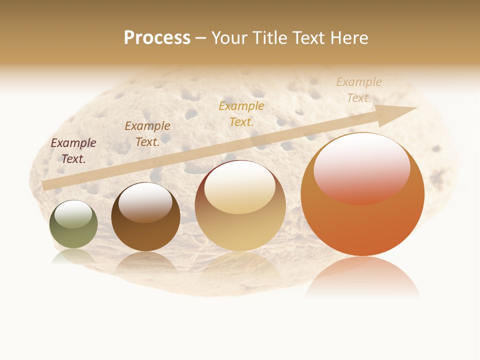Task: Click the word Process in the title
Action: click(157, 38)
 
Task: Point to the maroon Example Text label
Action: click(73, 151)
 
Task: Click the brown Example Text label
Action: click(147, 134)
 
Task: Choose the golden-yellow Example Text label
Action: click(241, 113)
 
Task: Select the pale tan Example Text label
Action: click(359, 90)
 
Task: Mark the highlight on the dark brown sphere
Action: click(145, 202)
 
